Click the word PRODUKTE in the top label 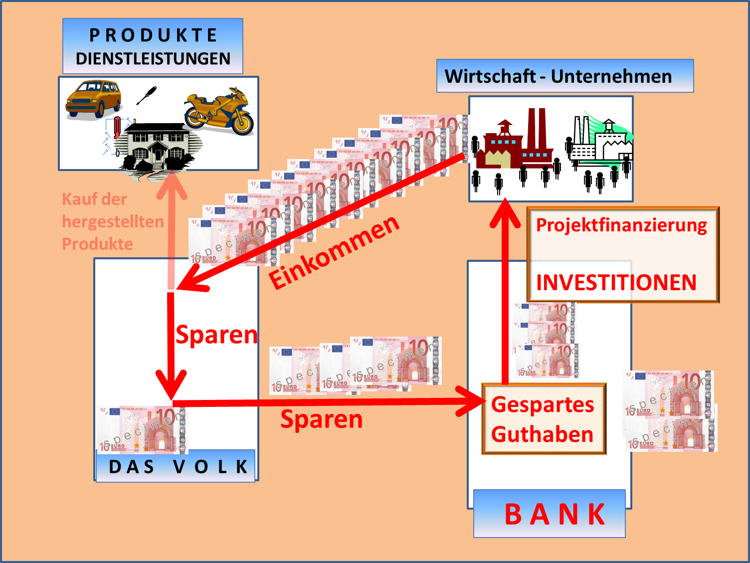pyautogui.click(x=153, y=35)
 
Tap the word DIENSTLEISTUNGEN pyautogui.click(x=153, y=59)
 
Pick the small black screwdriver pyautogui.click(x=147, y=95)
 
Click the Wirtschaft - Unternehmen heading pyautogui.click(x=558, y=76)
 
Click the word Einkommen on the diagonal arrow pyautogui.click(x=334, y=252)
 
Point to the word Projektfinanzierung pyautogui.click(x=621, y=225)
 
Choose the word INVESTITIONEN pyautogui.click(x=616, y=283)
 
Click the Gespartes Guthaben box pyautogui.click(x=544, y=419)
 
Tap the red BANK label pyautogui.click(x=555, y=515)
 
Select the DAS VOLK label pyautogui.click(x=178, y=467)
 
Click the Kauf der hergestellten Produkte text pyautogui.click(x=112, y=221)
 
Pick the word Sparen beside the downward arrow pyautogui.click(x=216, y=335)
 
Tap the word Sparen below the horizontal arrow pyautogui.click(x=322, y=419)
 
